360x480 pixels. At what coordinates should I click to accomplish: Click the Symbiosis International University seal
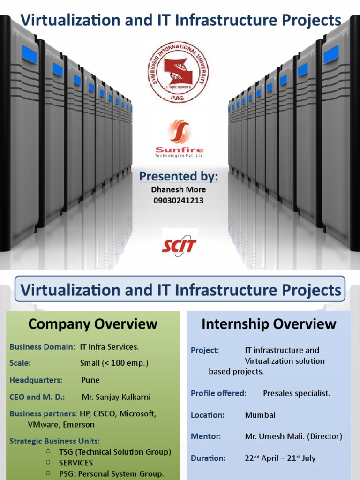[x=178, y=72]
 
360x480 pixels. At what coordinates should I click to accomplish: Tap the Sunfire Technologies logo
[x=180, y=138]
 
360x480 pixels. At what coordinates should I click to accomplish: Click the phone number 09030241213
[x=179, y=201]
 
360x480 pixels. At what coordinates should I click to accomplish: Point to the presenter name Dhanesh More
[x=179, y=189]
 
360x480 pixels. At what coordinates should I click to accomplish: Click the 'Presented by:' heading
[x=179, y=176]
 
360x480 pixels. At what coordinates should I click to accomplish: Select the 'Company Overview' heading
[x=93, y=323]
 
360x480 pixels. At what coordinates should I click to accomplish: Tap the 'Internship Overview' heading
[x=269, y=323]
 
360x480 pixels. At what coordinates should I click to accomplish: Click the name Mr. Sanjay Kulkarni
[x=116, y=397]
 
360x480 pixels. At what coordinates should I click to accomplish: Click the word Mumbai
[x=260, y=415]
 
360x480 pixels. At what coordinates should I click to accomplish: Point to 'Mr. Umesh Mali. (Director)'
[x=293, y=436]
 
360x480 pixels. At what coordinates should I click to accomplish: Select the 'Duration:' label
[x=208, y=458]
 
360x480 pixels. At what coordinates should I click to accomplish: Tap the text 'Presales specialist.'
[x=296, y=393]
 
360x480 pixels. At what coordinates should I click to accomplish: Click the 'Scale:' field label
[x=20, y=363]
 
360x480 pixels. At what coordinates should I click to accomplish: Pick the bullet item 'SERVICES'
[x=76, y=463]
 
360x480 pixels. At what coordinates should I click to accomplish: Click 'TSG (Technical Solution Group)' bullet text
[x=115, y=452]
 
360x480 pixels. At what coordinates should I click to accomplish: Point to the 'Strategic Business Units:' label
[x=54, y=441]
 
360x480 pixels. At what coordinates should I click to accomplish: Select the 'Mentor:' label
[x=206, y=436]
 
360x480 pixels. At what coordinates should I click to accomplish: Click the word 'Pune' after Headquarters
[x=90, y=380]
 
